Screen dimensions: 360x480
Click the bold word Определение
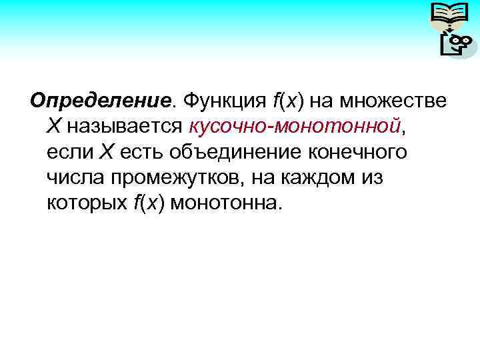click(101, 101)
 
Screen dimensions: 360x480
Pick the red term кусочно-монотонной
click(295, 126)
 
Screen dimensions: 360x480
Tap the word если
click(70, 152)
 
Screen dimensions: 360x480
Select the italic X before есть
click(107, 152)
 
